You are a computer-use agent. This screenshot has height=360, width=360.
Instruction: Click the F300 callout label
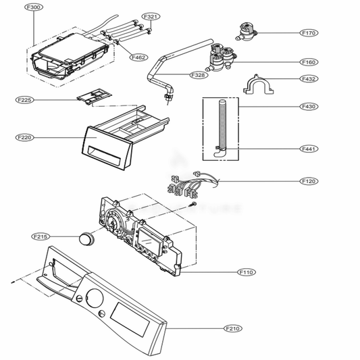pyautogui.click(x=34, y=7)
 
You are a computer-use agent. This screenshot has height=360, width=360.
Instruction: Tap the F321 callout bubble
pyautogui.click(x=151, y=16)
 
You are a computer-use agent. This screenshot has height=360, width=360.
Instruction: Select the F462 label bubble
pyautogui.click(x=138, y=57)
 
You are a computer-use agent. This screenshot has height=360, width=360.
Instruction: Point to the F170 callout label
pyautogui.click(x=309, y=33)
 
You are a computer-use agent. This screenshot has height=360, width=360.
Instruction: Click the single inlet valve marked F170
pyautogui.click(x=246, y=32)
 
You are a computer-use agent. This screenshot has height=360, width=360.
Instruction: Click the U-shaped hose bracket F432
pyautogui.click(x=259, y=84)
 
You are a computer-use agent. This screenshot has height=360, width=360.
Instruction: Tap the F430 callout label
pyautogui.click(x=309, y=106)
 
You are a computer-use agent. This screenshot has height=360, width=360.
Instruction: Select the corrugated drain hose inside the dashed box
pyautogui.click(x=222, y=128)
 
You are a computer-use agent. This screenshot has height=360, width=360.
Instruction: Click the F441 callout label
pyautogui.click(x=309, y=149)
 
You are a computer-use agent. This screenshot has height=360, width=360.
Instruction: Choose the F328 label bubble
pyautogui.click(x=199, y=75)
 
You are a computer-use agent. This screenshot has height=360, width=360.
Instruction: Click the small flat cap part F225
pyautogui.click(x=94, y=97)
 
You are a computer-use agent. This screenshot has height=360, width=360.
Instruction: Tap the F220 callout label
pyautogui.click(x=24, y=138)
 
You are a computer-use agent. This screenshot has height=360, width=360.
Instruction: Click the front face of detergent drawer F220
pyautogui.click(x=107, y=149)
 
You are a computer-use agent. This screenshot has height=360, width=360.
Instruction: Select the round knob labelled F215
pyautogui.click(x=86, y=238)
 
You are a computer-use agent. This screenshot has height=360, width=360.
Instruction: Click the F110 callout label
pyautogui.click(x=247, y=272)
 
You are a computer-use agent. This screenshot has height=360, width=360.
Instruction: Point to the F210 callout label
pyautogui.click(x=233, y=328)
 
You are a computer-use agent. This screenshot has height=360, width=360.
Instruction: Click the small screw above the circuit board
pyautogui.click(x=192, y=204)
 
